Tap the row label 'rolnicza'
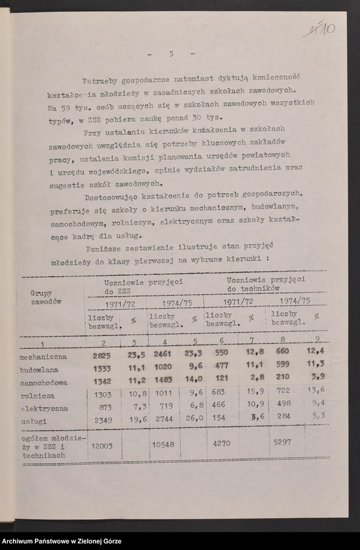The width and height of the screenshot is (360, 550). click(37, 395)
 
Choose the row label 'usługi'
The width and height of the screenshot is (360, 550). click(34, 420)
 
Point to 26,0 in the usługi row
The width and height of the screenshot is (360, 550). click(193, 418)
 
